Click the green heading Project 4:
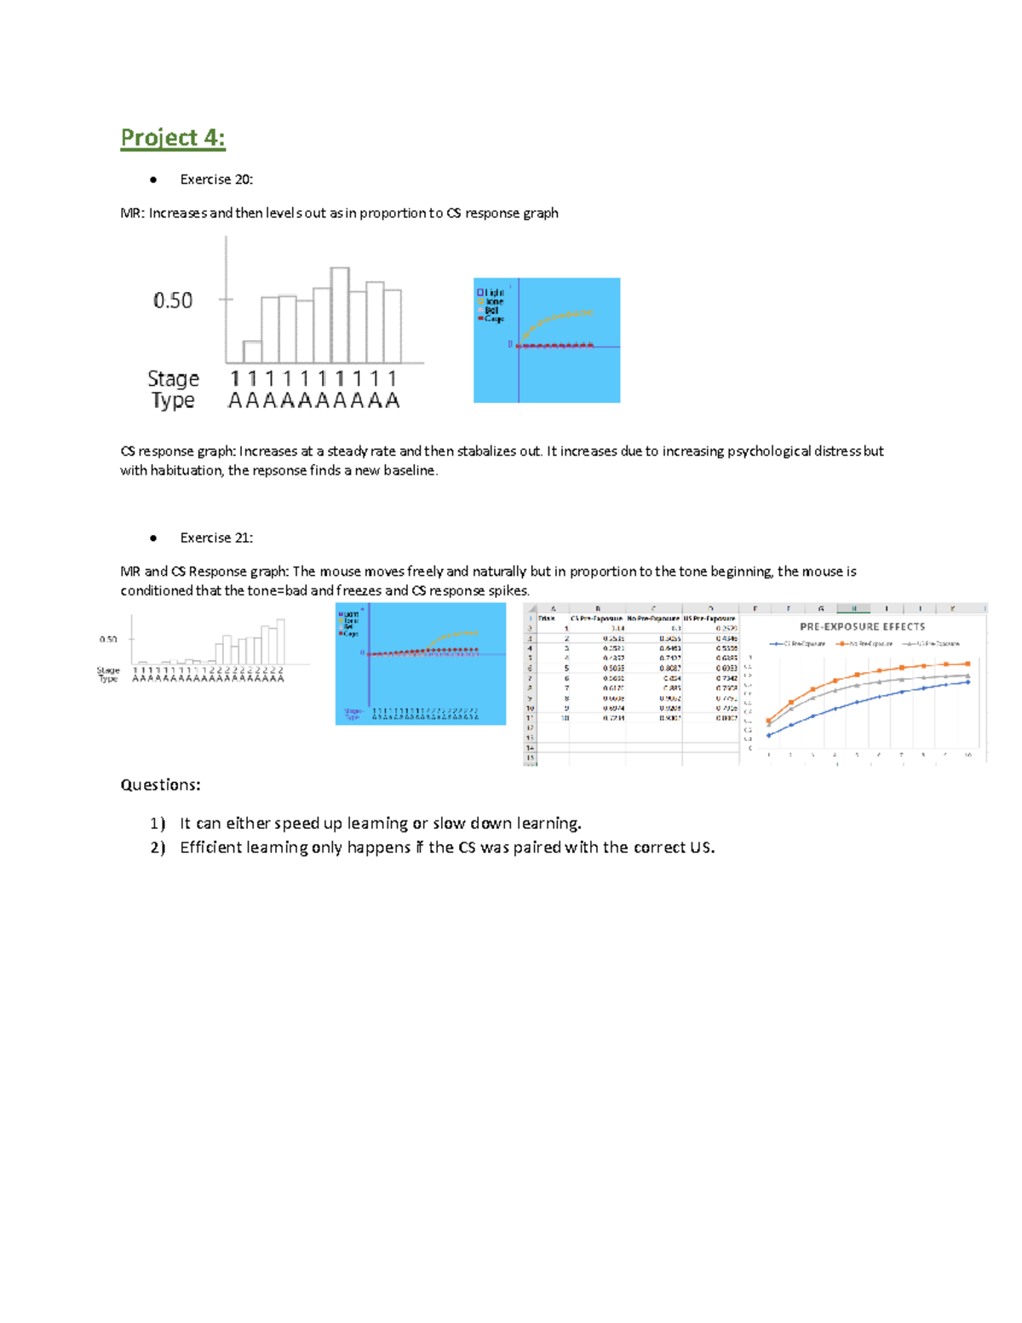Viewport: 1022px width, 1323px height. pyautogui.click(x=173, y=138)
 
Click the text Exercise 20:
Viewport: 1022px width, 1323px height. pyautogui.click(x=216, y=179)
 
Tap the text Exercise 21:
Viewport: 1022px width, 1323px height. pyautogui.click(x=216, y=538)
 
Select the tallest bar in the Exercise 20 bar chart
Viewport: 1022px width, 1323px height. pyautogui.click(x=340, y=315)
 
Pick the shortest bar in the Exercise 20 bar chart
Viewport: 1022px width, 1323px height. pyautogui.click(x=252, y=352)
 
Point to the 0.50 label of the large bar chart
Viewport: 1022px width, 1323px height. pyautogui.click(x=173, y=300)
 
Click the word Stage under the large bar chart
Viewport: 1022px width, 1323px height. pyautogui.click(x=173, y=378)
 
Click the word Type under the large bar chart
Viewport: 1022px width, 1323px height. pyautogui.click(x=173, y=400)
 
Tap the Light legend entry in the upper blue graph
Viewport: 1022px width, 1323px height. pyautogui.click(x=491, y=292)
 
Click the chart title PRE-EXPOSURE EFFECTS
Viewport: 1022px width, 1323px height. pyautogui.click(x=862, y=626)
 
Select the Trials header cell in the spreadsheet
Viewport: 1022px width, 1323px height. pyautogui.click(x=547, y=618)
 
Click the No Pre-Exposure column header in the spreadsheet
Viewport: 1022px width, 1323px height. pyautogui.click(x=653, y=618)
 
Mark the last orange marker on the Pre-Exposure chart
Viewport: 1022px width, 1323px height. pyautogui.click(x=967, y=664)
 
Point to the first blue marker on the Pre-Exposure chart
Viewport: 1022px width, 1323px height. pyautogui.click(x=769, y=735)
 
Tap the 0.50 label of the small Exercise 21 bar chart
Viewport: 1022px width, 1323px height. pyautogui.click(x=108, y=639)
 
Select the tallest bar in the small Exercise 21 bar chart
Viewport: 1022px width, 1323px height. pyautogui.click(x=281, y=641)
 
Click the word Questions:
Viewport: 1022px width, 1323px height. pyautogui.click(x=160, y=785)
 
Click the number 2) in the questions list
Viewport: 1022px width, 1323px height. pyautogui.click(x=158, y=848)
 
